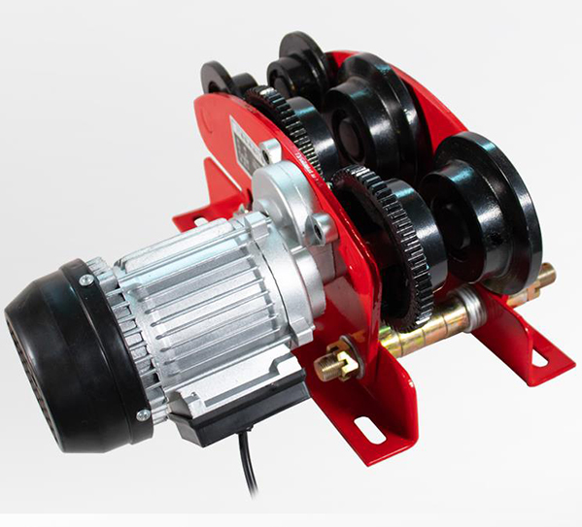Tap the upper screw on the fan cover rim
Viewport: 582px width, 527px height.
[86, 281]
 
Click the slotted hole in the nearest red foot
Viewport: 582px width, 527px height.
[370, 428]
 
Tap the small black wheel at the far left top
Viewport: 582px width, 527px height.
[217, 78]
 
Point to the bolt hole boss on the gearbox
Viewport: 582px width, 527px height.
[318, 232]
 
